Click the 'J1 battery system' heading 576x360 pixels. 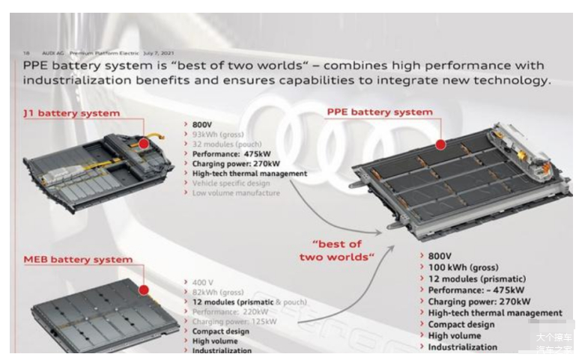[x=71, y=113]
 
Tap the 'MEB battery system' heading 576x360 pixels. [x=78, y=260]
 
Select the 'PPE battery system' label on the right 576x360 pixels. [x=380, y=112]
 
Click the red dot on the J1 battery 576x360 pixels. [x=144, y=142]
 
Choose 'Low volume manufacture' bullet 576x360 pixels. [x=236, y=193]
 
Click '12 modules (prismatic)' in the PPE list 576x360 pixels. [x=478, y=278]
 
